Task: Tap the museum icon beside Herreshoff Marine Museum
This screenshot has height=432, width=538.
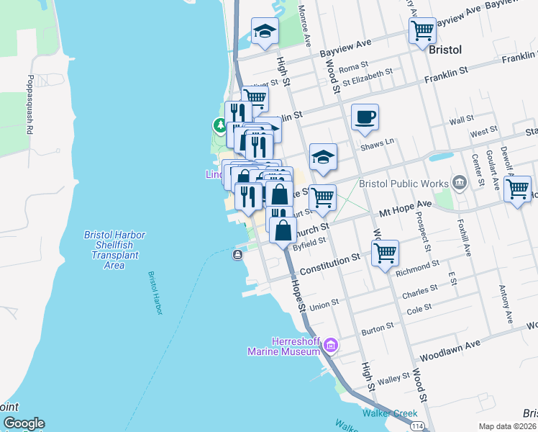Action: [x=330, y=346]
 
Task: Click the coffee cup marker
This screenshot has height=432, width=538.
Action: [x=365, y=117]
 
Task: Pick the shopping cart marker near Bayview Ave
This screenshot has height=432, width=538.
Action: [x=422, y=31]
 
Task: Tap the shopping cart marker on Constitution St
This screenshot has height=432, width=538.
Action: [x=386, y=253]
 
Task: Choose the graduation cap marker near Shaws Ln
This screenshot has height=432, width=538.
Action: [x=323, y=158]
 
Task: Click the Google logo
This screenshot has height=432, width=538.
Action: [x=24, y=423]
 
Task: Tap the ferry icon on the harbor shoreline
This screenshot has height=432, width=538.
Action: [x=237, y=255]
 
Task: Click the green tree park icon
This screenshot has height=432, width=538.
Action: [x=220, y=125]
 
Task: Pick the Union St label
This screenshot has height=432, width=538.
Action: [x=324, y=305]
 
